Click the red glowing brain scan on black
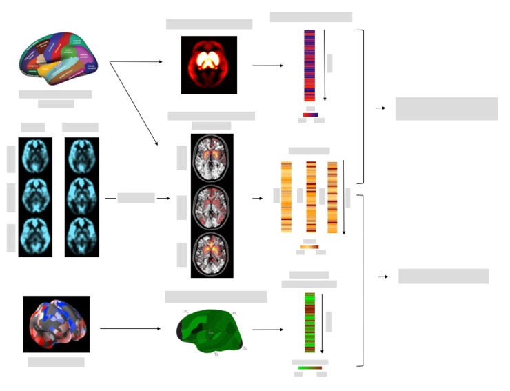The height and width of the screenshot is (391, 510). tap(209, 65)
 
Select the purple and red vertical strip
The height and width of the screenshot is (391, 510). tap(309, 66)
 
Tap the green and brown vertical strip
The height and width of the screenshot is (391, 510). tap(309, 323)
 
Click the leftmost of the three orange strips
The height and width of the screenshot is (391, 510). tap(286, 197)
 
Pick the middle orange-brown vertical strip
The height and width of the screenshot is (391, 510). tap(311, 197)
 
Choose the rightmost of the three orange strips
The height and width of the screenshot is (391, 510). tap(332, 197)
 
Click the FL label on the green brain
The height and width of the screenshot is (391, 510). tap(186, 312)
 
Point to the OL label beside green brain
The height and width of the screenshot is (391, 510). tap(245, 348)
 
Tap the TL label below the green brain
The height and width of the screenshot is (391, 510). tap(216, 354)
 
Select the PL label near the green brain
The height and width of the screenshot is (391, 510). tap(234, 314)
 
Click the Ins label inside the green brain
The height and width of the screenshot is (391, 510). tap(211, 333)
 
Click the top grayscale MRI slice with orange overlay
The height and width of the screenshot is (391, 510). tap(212, 158)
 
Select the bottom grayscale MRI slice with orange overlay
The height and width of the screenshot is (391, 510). tap(212, 254)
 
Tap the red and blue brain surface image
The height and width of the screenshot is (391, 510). tap(56, 324)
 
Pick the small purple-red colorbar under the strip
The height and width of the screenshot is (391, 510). tap(310, 114)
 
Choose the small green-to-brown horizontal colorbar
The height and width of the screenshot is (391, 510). tap(309, 368)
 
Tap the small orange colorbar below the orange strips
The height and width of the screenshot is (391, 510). tap(309, 246)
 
